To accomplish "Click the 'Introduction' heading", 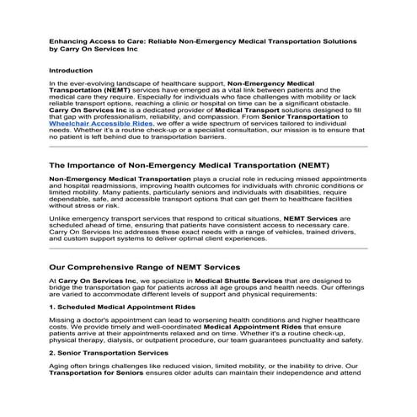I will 71,71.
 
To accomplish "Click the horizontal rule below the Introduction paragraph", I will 208,147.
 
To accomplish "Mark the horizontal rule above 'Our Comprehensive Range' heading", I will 208,248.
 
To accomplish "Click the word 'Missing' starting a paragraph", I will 64,322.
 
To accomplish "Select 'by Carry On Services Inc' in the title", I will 94,49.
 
